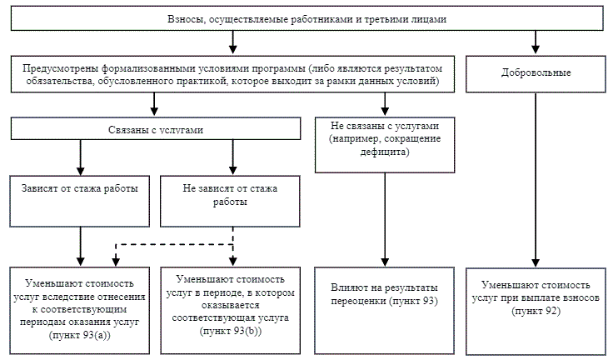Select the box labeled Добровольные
534,74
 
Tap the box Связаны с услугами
155,129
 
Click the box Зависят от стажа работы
79,200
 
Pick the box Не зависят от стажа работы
232,200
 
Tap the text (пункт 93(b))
232,331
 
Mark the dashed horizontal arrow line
175,245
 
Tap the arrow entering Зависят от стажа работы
80,158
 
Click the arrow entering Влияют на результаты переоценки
383,217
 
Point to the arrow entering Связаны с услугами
155,103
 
